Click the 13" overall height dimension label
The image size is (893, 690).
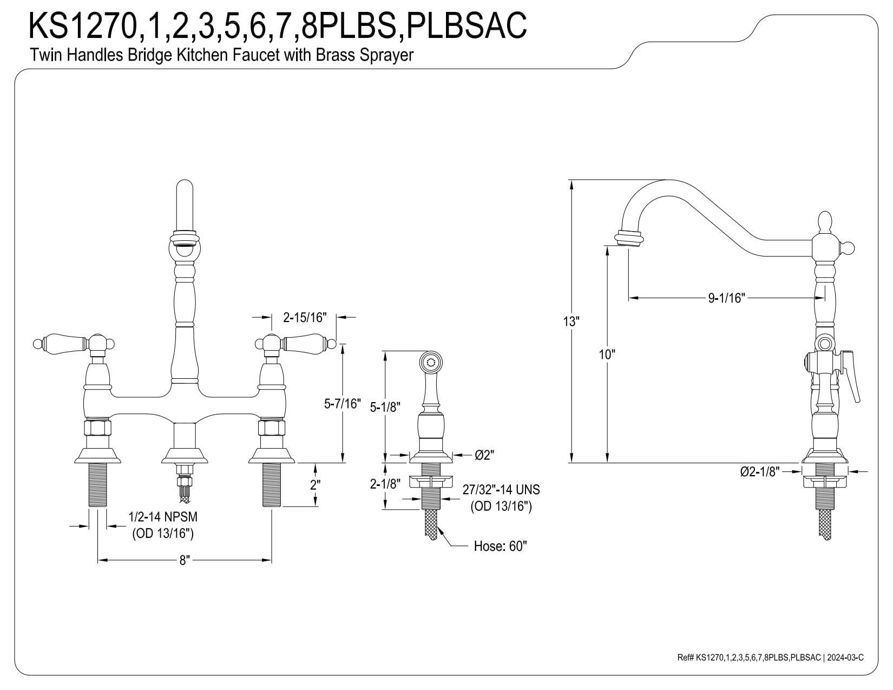pos(570,321)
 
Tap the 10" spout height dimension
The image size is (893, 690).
pos(607,354)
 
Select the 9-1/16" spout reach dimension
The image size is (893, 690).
pos(727,298)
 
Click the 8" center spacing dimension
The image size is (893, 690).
pos(185,561)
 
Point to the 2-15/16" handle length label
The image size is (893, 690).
pos(304,317)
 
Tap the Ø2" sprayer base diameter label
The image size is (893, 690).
pos(484,455)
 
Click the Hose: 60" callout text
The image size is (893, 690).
pos(500,546)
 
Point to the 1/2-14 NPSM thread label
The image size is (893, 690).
pos(163,518)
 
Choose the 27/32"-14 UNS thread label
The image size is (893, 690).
pos(501,490)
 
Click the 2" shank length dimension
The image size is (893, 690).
pos(315,485)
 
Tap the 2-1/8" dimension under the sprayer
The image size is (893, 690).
pos(385,484)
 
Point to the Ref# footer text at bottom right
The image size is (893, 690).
pos(770,658)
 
